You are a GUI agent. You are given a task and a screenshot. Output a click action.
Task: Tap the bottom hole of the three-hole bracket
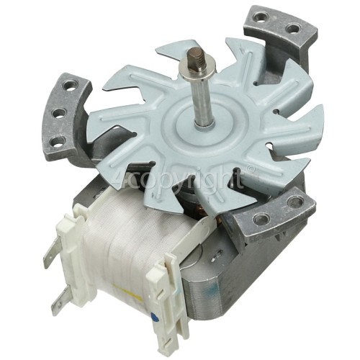point(58,139)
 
